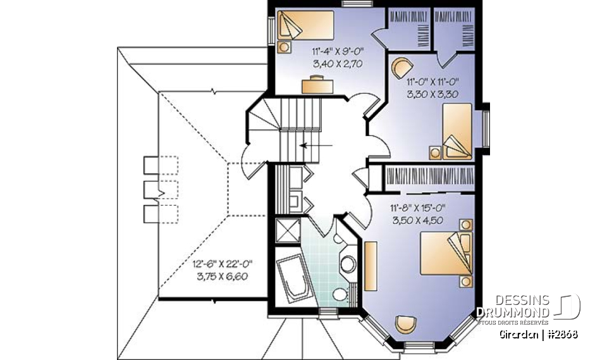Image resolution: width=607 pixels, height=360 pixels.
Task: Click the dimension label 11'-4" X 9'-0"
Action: coord(336,51)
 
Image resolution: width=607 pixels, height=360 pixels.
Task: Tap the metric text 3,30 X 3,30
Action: coord(432,93)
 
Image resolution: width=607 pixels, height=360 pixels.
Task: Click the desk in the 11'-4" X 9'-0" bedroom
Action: coord(317,84)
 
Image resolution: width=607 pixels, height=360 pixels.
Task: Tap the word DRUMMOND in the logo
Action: coord(513,311)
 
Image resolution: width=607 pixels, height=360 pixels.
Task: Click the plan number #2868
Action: coord(561,334)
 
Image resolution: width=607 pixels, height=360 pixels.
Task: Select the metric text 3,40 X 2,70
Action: coord(336,63)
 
